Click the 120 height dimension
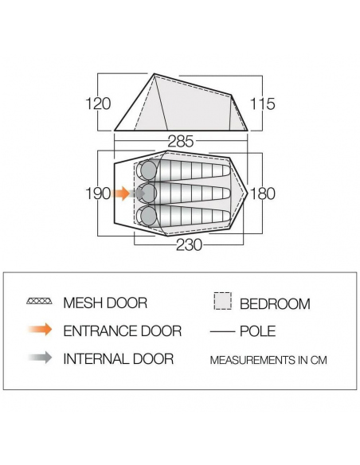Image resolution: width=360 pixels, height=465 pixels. [x=98, y=104]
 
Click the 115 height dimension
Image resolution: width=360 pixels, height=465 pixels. [x=263, y=104]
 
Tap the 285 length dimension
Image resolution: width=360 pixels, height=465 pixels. [x=181, y=142]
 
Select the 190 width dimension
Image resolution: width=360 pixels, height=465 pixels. [x=98, y=193]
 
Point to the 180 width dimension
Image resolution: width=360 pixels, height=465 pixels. [x=263, y=193]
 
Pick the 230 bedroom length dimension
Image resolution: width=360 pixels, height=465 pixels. [x=189, y=245]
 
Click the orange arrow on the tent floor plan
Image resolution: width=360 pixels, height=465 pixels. [x=121, y=193]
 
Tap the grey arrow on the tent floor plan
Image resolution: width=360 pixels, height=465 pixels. [x=137, y=193]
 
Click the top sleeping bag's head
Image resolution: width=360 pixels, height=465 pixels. [x=148, y=170]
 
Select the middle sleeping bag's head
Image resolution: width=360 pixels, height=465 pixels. [x=148, y=193]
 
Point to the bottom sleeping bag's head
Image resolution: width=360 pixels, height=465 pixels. [x=148, y=217]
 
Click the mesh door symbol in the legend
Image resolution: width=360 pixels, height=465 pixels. [x=39, y=301]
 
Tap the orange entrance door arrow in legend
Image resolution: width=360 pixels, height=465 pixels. [x=40, y=330]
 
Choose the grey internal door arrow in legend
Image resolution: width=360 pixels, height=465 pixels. [x=40, y=358]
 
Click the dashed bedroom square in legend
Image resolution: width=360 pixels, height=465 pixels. [x=223, y=301]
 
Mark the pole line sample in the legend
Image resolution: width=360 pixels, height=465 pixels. [x=222, y=331]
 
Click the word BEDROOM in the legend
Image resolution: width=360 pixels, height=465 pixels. [x=276, y=304]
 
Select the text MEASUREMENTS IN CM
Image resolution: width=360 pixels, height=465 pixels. [x=268, y=360]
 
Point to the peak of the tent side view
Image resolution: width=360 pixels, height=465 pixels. [x=155, y=74]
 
